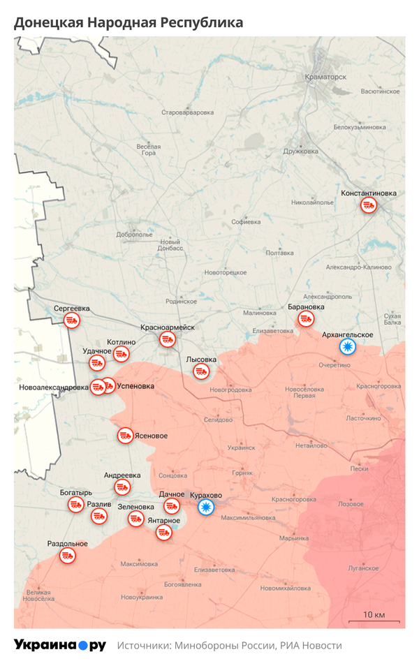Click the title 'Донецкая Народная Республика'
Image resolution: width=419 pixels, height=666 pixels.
pos(128,22)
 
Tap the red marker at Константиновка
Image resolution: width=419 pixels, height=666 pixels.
pos(369,205)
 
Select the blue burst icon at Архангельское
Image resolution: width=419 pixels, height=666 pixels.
pos(347,346)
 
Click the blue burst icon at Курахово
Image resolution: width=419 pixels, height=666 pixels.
pos(205,508)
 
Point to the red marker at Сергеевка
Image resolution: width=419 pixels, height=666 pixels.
pos(71,320)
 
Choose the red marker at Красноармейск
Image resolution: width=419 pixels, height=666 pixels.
pos(168,339)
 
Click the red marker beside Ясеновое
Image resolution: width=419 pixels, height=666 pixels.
pos(126,436)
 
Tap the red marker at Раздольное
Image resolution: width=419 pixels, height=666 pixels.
pos(68,556)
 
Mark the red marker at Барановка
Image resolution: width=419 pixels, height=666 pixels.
pos(306,319)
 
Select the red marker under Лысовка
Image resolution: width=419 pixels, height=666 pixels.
pos(201,371)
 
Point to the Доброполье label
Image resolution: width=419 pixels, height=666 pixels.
pos(135,235)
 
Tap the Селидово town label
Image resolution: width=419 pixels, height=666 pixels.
pos(218,420)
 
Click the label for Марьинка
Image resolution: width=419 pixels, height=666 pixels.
pos(293,538)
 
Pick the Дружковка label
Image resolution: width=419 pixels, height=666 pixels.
pos(300,151)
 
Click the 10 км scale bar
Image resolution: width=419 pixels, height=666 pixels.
pos(374,620)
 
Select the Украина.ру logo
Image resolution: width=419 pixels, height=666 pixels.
pos(60,645)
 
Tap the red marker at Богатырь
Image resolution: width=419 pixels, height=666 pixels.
pos(75,504)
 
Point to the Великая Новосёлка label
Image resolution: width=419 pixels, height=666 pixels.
pos(38,595)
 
